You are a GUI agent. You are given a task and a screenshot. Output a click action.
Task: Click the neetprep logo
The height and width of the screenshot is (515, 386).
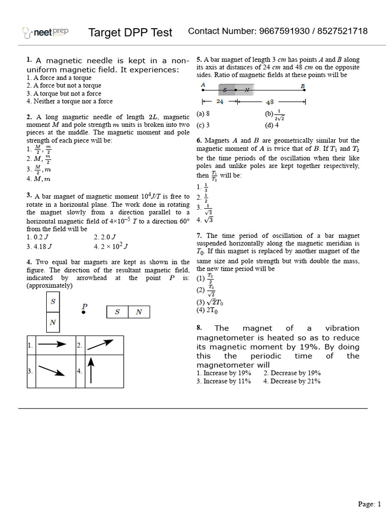[46, 33]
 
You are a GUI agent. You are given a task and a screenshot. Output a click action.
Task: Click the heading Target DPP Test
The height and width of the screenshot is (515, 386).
[130, 33]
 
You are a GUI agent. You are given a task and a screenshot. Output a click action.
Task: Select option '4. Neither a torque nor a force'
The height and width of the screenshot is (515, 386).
[69, 101]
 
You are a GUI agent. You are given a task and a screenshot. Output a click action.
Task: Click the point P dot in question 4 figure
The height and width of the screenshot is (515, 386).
[84, 312]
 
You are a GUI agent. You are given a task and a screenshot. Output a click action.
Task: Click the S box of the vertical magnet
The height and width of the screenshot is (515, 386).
[53, 302]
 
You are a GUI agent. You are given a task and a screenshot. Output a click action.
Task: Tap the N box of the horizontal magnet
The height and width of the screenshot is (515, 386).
[139, 312]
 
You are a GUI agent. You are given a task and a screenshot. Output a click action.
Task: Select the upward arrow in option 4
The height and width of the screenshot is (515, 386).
[91, 371]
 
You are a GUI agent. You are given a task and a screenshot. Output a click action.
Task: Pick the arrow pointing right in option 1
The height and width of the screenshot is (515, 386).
[52, 345]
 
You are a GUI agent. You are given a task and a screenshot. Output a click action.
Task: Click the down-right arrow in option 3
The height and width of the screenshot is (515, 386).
[51, 371]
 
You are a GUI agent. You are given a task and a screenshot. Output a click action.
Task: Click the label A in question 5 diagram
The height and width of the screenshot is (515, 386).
[203, 85]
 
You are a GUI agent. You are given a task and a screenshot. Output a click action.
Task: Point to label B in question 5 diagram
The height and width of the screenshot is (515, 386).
[303, 85]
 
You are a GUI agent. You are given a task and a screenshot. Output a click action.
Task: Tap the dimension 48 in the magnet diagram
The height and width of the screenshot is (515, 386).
[270, 101]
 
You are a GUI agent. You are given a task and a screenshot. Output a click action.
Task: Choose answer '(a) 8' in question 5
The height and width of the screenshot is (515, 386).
[203, 114]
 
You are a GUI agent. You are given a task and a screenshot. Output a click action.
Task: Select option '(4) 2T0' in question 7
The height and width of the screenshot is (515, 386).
[207, 310]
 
